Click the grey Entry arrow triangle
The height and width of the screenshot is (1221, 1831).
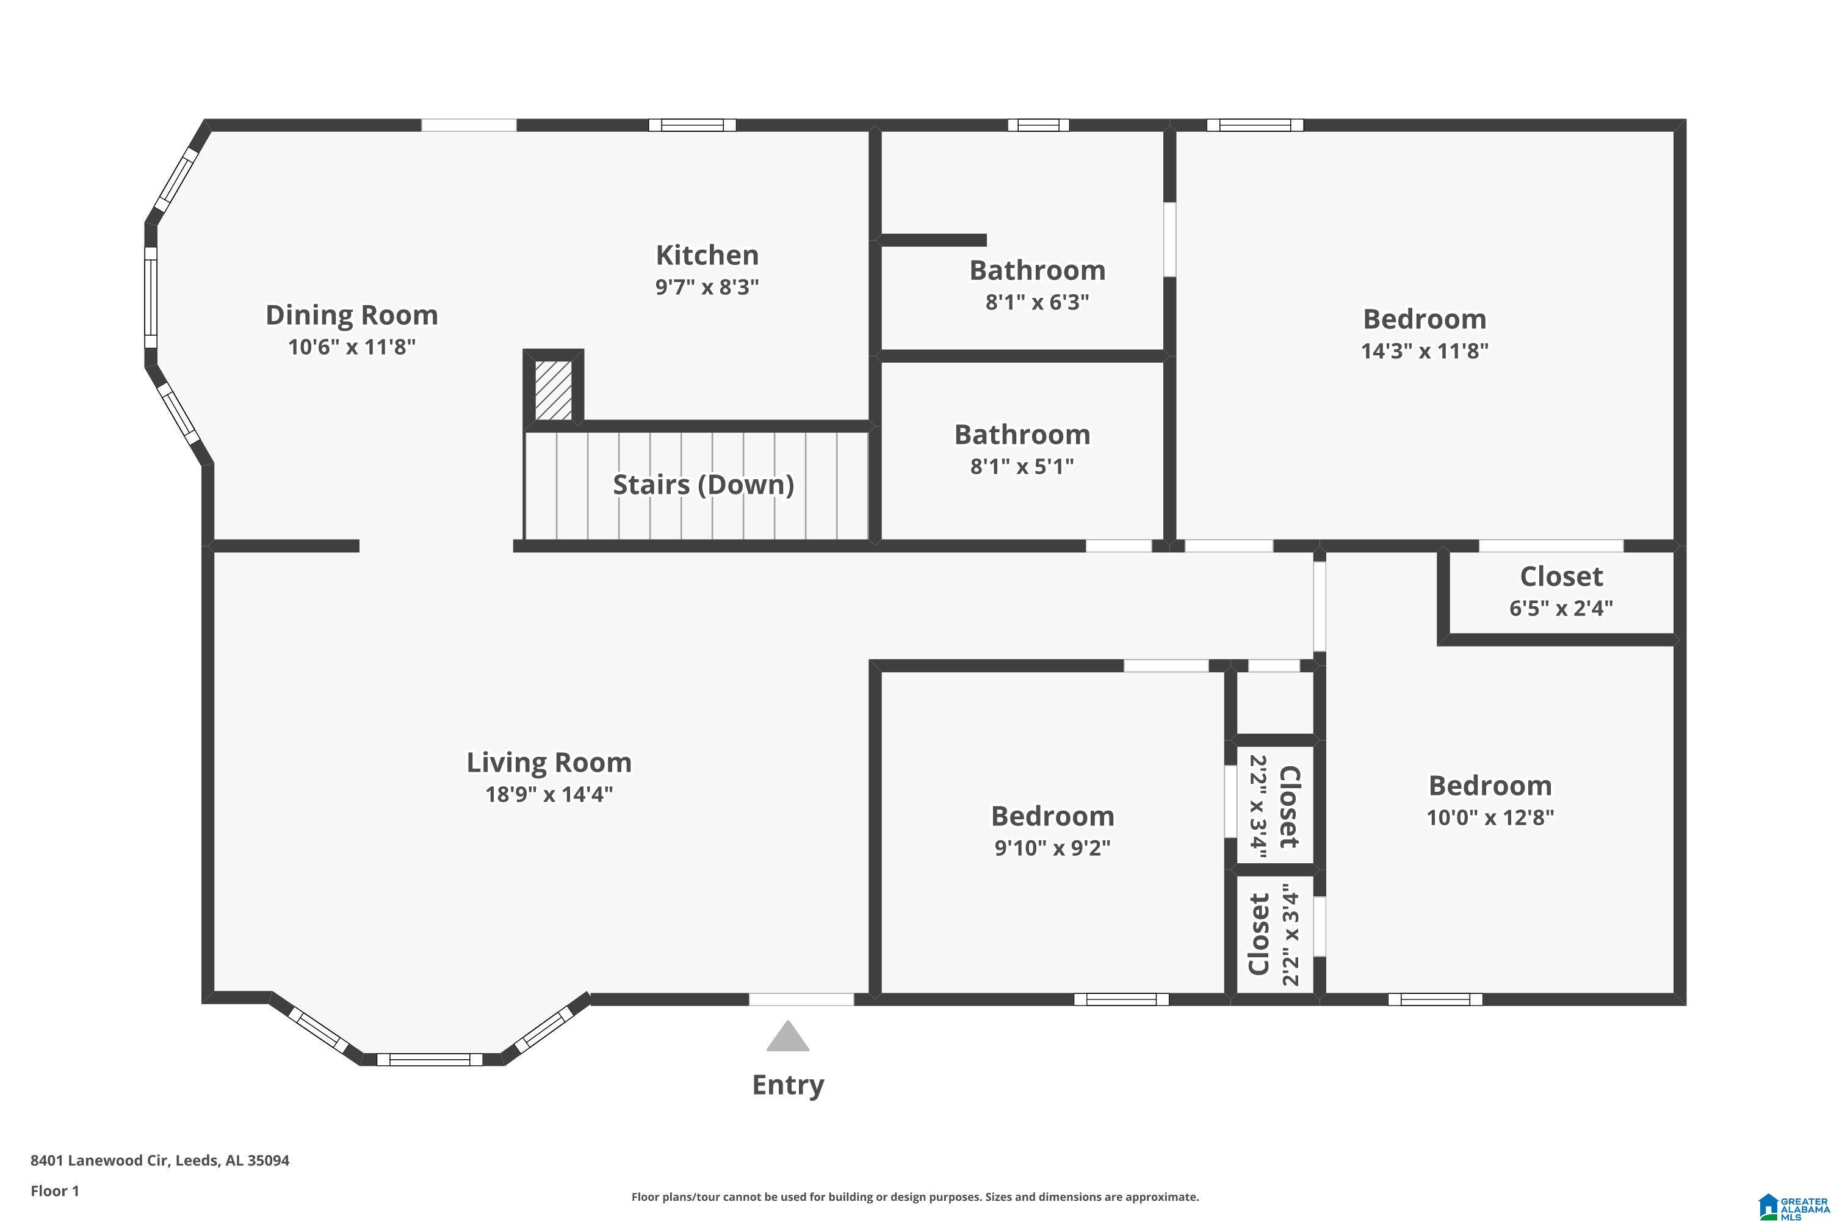click(788, 1037)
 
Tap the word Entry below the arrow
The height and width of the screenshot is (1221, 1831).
click(788, 1085)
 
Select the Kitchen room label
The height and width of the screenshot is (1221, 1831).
click(707, 255)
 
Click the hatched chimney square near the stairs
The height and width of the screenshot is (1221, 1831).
click(554, 390)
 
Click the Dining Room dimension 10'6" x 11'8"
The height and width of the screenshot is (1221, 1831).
click(352, 347)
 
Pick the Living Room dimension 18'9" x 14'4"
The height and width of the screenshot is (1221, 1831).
click(549, 794)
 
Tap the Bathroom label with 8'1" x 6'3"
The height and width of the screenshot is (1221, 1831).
click(1037, 271)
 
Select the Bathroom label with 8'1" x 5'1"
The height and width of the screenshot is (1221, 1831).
click(1022, 435)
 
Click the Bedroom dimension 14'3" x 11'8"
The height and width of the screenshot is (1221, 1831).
click(1424, 351)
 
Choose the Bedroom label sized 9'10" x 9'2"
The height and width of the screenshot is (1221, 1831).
click(1052, 816)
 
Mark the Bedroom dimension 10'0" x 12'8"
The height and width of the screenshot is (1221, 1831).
click(1489, 817)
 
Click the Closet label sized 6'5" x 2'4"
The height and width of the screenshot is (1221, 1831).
click(1561, 577)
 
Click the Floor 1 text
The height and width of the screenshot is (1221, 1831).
click(54, 1190)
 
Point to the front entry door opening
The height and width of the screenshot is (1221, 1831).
click(801, 999)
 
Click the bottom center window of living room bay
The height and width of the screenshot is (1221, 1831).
click(430, 1059)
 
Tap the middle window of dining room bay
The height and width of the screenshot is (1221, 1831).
click(151, 297)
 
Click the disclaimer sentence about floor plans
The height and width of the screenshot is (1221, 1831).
click(915, 1197)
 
